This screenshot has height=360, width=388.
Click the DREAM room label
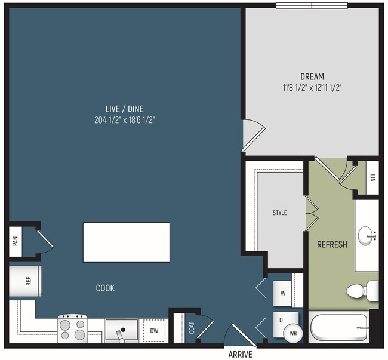312,76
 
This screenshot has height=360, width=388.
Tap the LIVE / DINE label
125,109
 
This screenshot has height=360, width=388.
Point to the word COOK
105,288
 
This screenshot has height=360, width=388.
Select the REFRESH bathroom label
332,244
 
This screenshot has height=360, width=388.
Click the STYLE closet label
279,213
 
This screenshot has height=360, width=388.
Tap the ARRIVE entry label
241,354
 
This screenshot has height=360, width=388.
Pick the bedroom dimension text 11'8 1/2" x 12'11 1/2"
312,88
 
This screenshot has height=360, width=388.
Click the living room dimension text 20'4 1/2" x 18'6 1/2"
125,120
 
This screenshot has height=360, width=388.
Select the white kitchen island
127,242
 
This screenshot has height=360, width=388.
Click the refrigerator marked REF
25,281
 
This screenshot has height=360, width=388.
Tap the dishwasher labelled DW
154,331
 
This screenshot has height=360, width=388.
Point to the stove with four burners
72,329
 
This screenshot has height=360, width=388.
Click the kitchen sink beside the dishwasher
122,331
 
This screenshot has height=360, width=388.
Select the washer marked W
282,294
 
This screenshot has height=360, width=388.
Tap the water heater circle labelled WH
293,333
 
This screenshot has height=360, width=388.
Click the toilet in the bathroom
362,291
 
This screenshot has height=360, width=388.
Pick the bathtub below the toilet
339,327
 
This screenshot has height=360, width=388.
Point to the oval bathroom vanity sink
367,236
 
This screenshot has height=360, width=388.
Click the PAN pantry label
16,241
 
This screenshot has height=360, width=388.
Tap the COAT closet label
192,328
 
